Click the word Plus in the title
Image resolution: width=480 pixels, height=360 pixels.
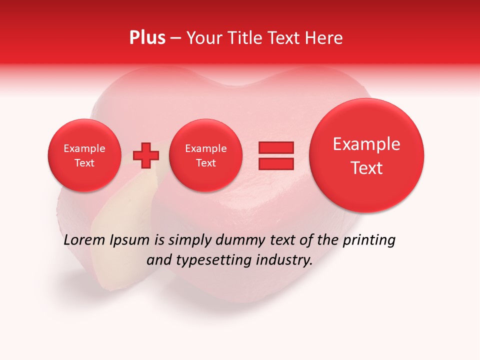(x=147, y=38)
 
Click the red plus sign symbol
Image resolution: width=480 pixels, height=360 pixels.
(x=146, y=155)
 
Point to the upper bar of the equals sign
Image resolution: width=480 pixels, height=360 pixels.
(x=275, y=147)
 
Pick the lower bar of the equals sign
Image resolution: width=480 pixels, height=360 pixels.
(x=275, y=163)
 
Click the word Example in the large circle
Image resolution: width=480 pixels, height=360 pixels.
(x=366, y=144)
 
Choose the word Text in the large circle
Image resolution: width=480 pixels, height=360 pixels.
(x=366, y=168)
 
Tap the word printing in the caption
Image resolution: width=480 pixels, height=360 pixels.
(x=368, y=241)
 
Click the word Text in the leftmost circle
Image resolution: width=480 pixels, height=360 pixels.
(x=84, y=163)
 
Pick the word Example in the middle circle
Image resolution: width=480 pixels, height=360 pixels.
(x=205, y=148)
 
